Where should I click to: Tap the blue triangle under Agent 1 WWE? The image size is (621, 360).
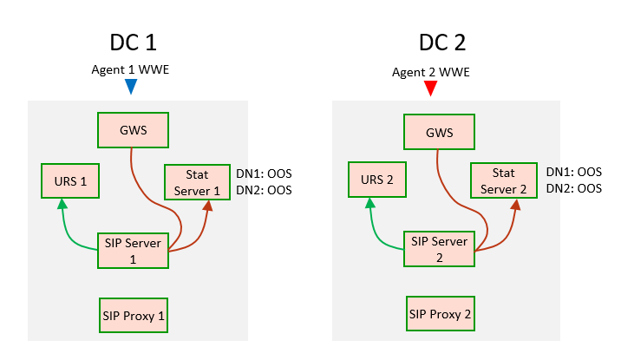click(x=131, y=87)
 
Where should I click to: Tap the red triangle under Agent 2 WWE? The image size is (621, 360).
click(x=430, y=88)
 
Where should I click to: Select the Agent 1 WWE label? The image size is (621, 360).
click(x=131, y=69)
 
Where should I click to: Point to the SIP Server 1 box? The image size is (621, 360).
click(x=133, y=250)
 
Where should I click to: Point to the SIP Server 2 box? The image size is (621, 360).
click(x=440, y=250)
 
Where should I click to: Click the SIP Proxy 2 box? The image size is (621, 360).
click(x=440, y=313)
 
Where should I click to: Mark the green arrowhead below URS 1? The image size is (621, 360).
click(x=62, y=205)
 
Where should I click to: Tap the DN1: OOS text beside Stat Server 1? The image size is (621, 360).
click(x=264, y=173)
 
